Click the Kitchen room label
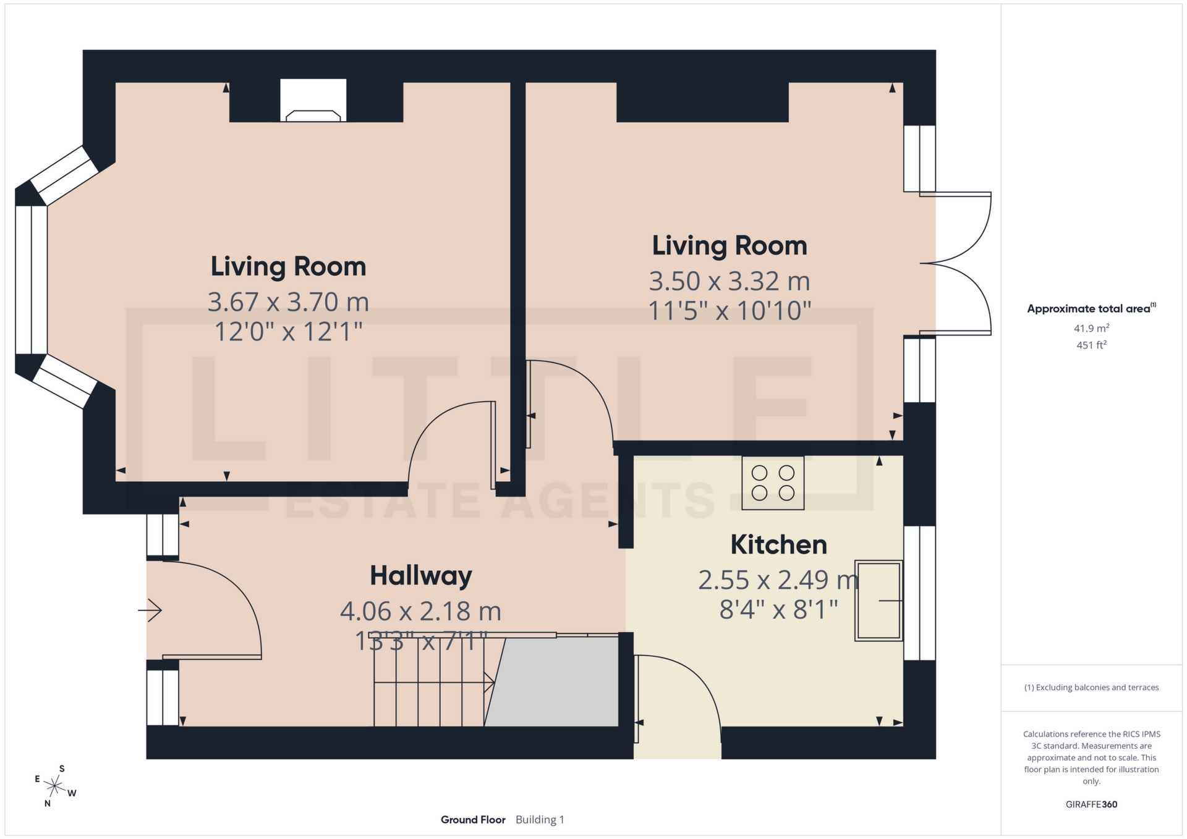click(x=778, y=545)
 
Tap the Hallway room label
click(x=420, y=576)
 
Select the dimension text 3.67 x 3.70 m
click(x=288, y=302)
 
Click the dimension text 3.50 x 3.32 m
click(x=729, y=281)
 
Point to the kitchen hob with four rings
click(x=773, y=483)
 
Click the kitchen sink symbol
click(x=878, y=600)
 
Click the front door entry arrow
click(x=150, y=610)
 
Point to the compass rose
click(x=55, y=786)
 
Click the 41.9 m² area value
click(x=1091, y=328)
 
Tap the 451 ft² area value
click(x=1091, y=345)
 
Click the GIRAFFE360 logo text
click(x=1091, y=804)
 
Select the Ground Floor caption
click(x=473, y=820)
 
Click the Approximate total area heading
click(x=1089, y=308)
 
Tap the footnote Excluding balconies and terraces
click(x=1091, y=688)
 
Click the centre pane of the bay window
click(x=31, y=280)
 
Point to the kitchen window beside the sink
click(x=919, y=593)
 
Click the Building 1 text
click(x=540, y=820)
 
